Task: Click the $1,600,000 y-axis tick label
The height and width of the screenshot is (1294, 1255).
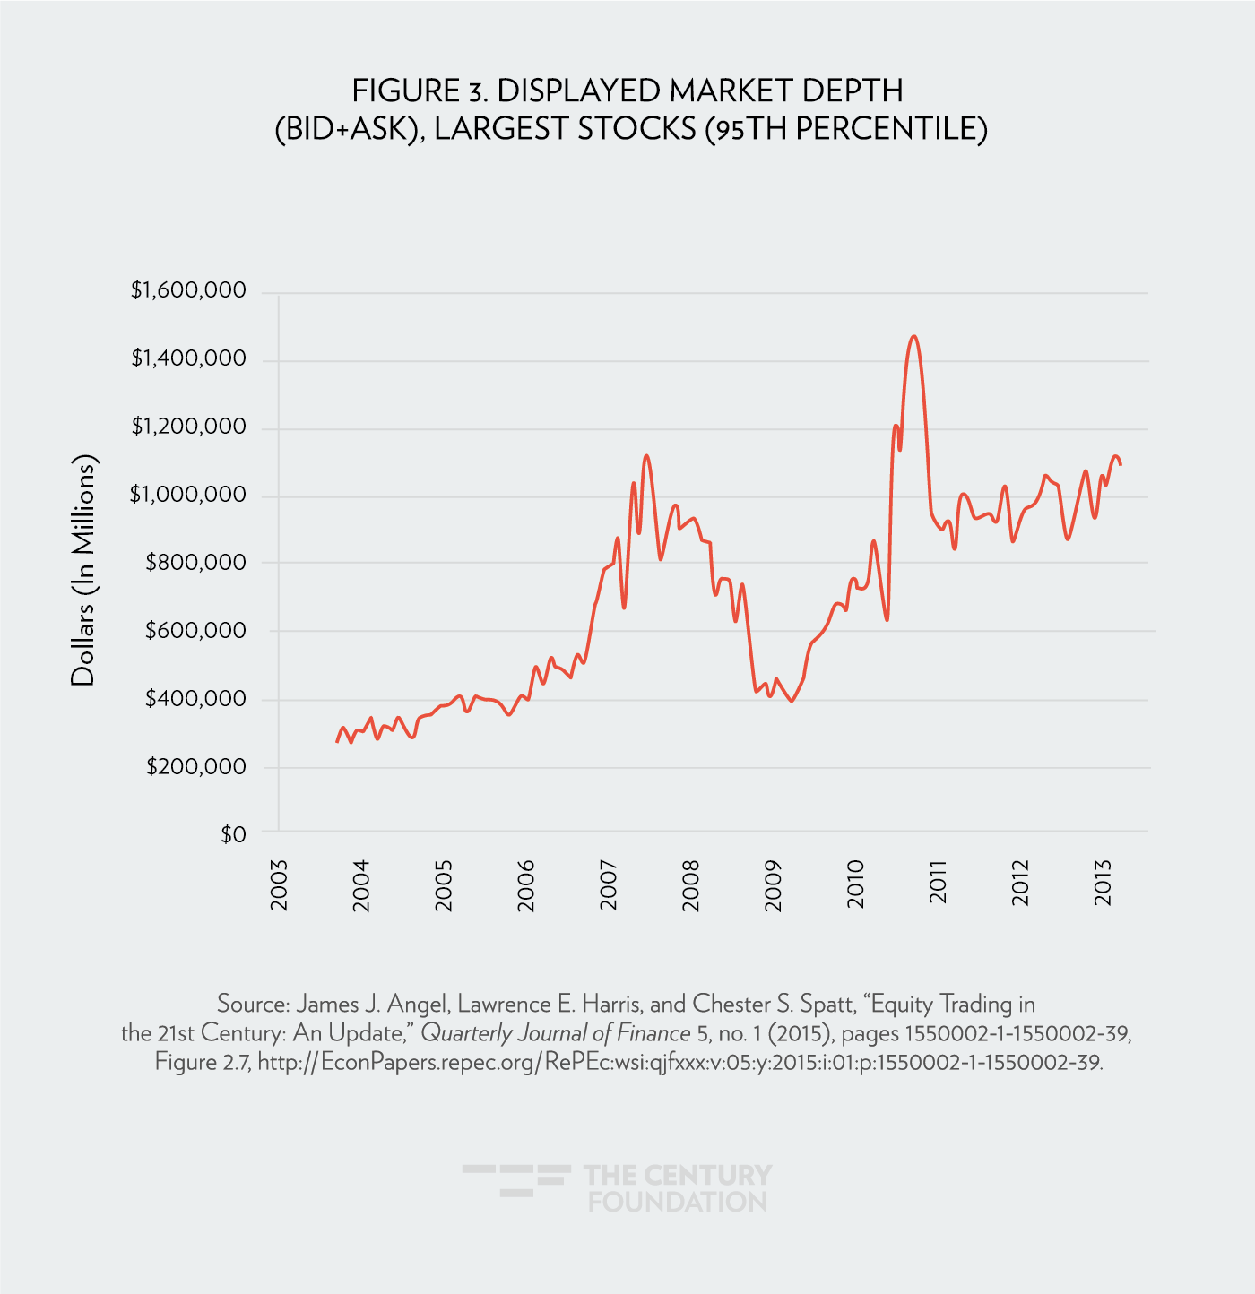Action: point(188,290)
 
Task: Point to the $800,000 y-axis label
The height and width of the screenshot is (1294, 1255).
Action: point(195,563)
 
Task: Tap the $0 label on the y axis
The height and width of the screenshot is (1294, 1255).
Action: point(233,835)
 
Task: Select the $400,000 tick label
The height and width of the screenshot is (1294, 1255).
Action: point(195,699)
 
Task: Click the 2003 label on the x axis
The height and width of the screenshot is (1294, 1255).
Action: point(280,885)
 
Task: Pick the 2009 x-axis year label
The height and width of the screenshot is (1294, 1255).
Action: point(774,885)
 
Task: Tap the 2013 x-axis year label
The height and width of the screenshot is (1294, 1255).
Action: point(1104,885)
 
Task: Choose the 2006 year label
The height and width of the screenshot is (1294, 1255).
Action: point(526,885)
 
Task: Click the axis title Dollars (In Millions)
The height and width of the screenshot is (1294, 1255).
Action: point(83,571)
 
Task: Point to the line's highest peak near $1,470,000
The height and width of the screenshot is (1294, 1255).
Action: point(913,337)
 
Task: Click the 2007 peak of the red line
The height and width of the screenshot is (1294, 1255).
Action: point(646,456)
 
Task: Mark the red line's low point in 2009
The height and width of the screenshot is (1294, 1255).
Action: point(791,700)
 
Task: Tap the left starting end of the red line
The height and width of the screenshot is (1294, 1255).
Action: point(337,741)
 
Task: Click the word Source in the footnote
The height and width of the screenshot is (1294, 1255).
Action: point(253,1004)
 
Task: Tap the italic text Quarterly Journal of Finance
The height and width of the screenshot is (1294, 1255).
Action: point(555,1033)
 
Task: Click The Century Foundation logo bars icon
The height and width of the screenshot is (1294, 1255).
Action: point(516,1179)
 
